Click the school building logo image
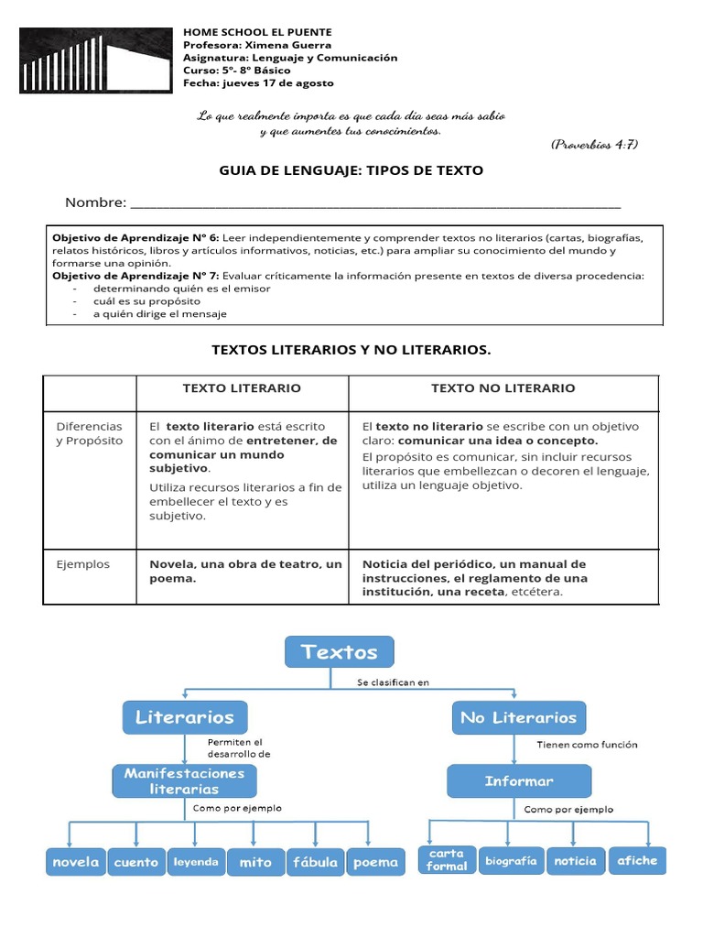96,60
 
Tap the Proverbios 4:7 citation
594,145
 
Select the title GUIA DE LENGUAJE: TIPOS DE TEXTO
351,170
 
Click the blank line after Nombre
375,203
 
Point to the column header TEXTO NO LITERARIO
503,388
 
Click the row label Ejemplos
82,564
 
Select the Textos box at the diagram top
339,652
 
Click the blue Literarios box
185,717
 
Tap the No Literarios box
519,717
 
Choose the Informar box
519,781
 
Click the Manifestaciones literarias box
185,780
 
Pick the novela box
75,862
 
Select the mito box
255,862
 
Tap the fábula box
315,862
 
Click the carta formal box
447,859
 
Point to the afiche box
637,860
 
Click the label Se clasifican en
393,682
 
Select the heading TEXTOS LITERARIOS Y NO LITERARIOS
351,350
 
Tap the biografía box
511,861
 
